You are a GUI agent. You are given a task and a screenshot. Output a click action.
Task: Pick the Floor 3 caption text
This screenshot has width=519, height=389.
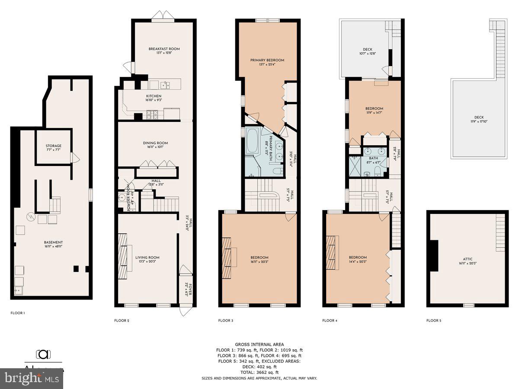[225, 321]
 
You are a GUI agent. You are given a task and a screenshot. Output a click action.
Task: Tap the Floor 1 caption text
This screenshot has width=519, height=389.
[17, 312]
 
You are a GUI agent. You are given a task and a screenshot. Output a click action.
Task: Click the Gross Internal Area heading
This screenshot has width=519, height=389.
[259, 344]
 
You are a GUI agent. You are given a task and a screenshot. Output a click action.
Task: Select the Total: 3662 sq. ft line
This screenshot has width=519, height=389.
[259, 372]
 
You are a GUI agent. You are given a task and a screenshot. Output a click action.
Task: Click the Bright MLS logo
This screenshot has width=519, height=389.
[31, 379]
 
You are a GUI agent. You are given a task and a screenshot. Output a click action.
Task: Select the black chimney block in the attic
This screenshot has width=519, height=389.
[433, 255]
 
